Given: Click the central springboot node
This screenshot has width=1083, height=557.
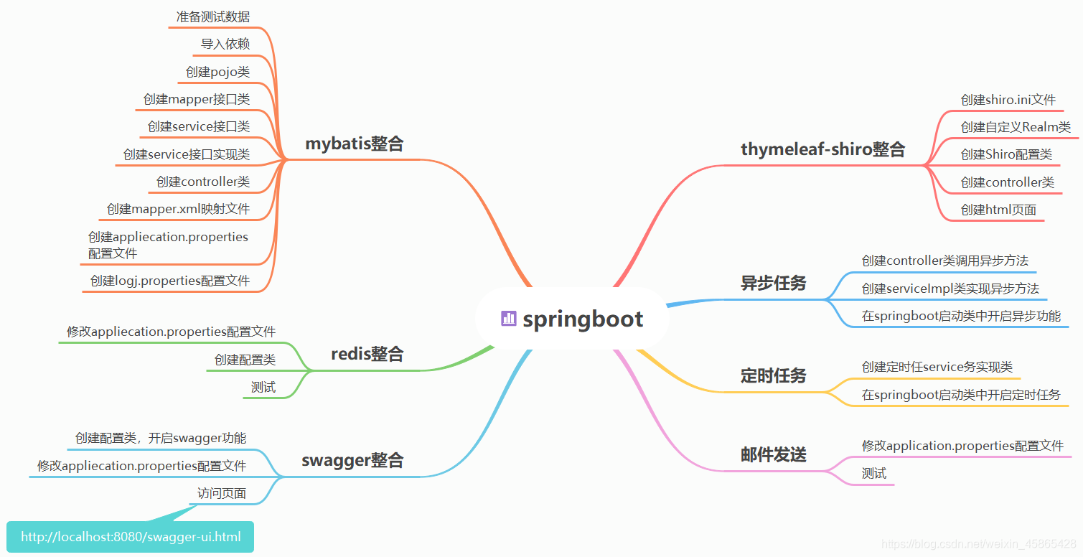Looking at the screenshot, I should click(573, 319).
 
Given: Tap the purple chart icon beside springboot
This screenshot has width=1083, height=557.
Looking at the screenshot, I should click(509, 319).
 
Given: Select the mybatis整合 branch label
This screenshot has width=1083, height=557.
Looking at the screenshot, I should click(355, 144).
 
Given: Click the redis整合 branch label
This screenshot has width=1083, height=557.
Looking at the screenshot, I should click(367, 354).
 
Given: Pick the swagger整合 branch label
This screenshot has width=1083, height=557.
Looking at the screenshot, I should click(352, 460).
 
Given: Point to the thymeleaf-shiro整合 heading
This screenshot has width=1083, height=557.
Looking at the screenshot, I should click(822, 149).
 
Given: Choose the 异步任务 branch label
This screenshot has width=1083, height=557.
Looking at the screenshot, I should click(773, 284).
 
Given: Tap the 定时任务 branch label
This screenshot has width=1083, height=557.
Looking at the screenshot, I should click(773, 375).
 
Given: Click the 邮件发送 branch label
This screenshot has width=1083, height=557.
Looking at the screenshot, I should click(773, 454).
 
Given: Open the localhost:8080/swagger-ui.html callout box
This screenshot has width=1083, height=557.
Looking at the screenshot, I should click(131, 537).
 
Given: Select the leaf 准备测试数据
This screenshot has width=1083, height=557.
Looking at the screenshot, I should click(213, 17).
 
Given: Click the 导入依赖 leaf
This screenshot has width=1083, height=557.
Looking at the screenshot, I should click(225, 44).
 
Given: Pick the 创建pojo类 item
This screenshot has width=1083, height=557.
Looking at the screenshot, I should click(217, 72).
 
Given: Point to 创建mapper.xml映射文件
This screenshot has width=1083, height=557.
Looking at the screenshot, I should click(178, 209).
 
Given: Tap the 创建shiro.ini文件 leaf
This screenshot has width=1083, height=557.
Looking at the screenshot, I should click(1008, 100).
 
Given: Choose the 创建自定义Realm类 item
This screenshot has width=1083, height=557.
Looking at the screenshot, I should click(1016, 127).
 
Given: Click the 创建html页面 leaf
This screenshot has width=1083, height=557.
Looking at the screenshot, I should click(998, 210).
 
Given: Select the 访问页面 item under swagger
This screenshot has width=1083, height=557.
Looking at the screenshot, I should click(222, 493).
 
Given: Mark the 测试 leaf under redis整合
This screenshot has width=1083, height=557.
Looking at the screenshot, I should click(263, 388).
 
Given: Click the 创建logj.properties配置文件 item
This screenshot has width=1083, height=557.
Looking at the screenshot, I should click(170, 281).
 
